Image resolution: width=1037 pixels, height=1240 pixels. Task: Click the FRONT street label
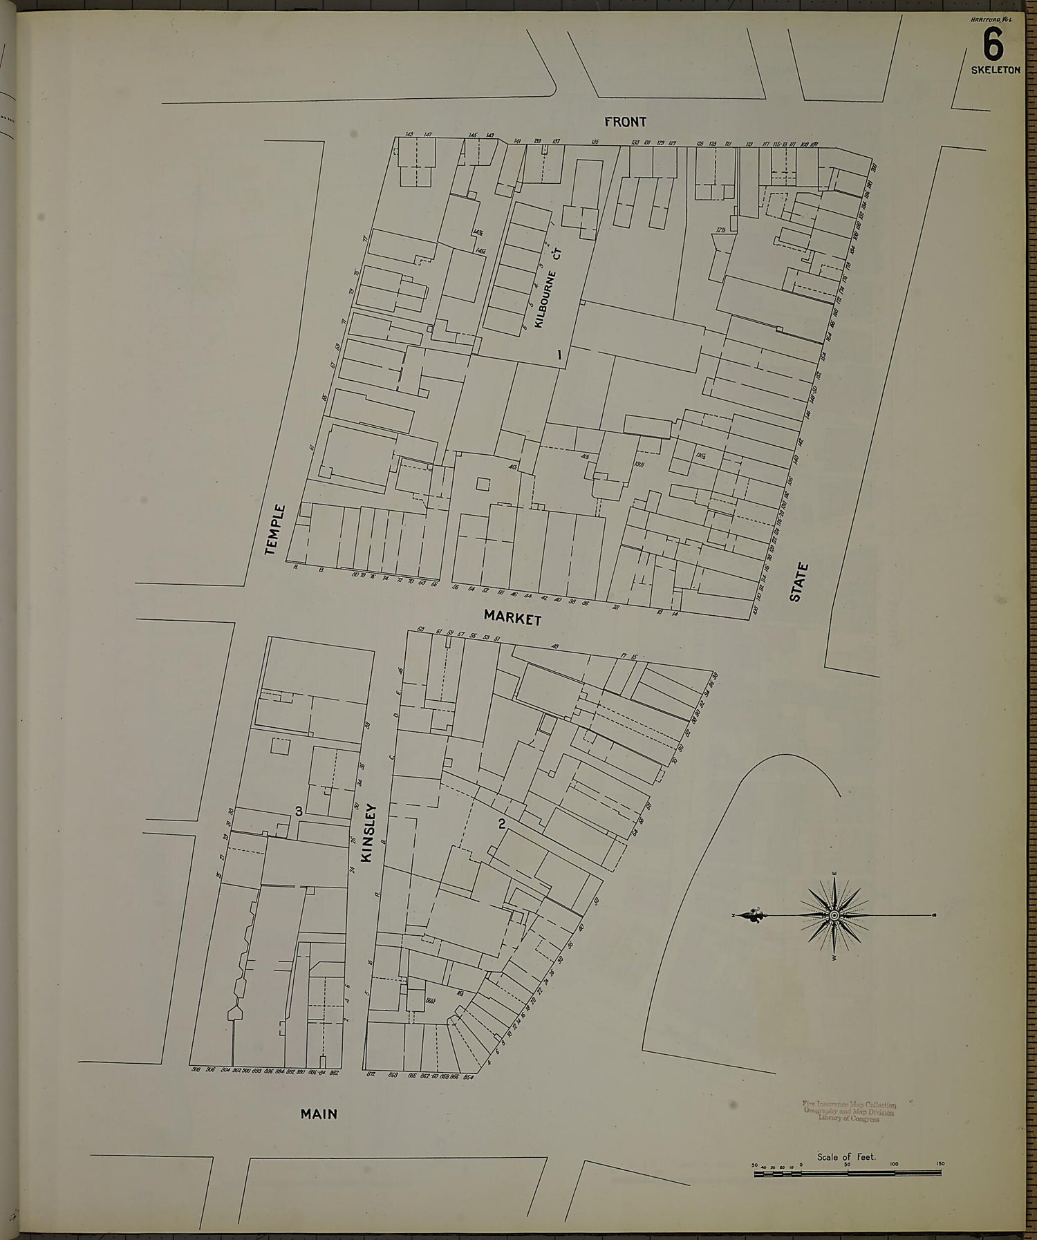click(x=625, y=122)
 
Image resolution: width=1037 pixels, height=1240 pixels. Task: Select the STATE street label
click(x=798, y=582)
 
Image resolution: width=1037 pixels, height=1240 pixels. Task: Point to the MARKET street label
click(x=512, y=617)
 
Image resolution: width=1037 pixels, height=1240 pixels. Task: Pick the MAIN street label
click(x=319, y=1114)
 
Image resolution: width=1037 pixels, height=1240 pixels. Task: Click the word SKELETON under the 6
click(x=995, y=71)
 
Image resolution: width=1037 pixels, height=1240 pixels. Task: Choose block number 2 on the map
click(x=502, y=823)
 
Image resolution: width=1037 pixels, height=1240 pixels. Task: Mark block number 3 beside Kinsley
click(x=299, y=811)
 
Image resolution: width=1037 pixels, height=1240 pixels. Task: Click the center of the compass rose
click(x=834, y=916)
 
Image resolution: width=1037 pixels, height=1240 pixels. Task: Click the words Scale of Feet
click(x=846, y=1157)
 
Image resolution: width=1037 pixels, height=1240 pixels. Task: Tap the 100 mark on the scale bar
click(x=894, y=1165)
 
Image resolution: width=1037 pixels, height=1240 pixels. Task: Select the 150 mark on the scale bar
click(x=940, y=1165)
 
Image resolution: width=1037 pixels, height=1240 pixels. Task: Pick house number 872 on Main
click(x=370, y=1074)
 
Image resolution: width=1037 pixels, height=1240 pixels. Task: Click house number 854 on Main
click(x=468, y=1074)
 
